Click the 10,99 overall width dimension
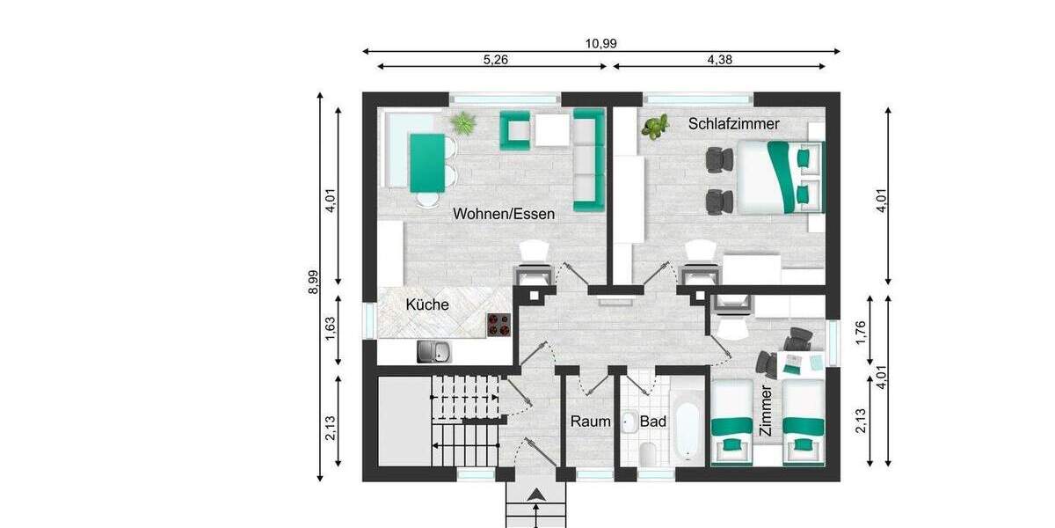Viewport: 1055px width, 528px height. click(x=601, y=43)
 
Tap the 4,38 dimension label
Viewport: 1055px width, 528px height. click(x=719, y=60)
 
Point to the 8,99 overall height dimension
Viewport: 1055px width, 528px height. click(x=313, y=282)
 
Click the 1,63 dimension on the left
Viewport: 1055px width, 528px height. click(x=331, y=326)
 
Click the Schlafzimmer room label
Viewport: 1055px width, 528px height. click(x=733, y=124)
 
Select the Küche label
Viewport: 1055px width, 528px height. click(x=427, y=305)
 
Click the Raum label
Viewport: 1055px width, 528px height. click(x=590, y=422)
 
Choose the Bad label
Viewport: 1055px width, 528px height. click(x=652, y=422)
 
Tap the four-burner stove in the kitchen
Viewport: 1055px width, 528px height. click(x=499, y=325)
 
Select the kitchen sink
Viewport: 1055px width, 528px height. click(x=434, y=352)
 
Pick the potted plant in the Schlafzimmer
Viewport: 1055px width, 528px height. click(x=654, y=128)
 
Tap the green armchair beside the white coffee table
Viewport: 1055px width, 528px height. click(x=515, y=130)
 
